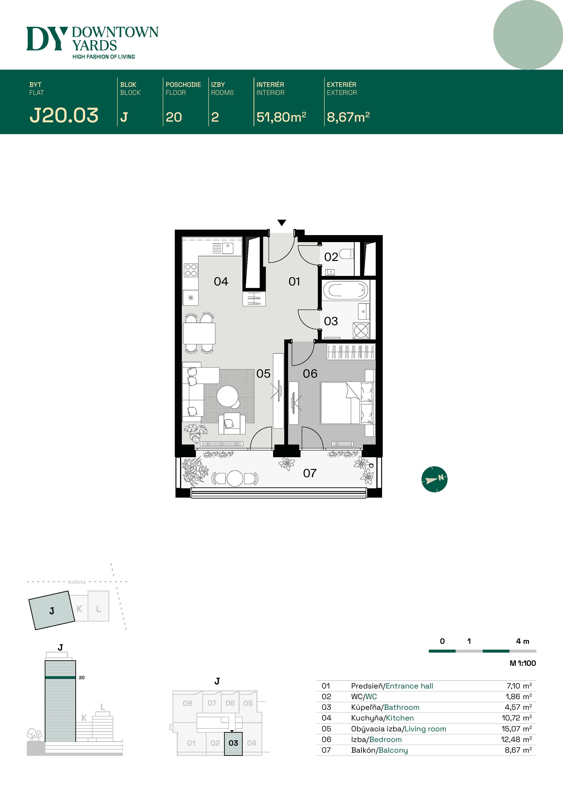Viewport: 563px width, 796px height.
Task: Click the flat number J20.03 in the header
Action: [64, 115]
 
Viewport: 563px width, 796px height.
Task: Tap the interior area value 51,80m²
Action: [281, 117]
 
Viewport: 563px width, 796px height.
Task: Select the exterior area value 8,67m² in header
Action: [348, 117]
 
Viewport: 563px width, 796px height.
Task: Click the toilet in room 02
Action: [346, 254]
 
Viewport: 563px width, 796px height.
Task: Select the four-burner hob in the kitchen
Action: [191, 270]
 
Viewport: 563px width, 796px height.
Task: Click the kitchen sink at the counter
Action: [227, 248]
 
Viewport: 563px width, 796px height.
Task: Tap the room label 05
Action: [263, 374]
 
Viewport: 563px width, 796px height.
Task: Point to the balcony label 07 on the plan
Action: [310, 473]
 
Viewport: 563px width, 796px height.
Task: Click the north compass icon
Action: [434, 479]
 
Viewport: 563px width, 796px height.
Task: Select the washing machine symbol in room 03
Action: [361, 331]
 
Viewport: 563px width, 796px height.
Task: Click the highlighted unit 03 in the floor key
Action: [233, 743]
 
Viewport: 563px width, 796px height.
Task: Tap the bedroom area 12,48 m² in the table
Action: [516, 739]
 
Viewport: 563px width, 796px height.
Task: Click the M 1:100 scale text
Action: [522, 663]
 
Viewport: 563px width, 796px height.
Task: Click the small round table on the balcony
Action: [235, 479]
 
